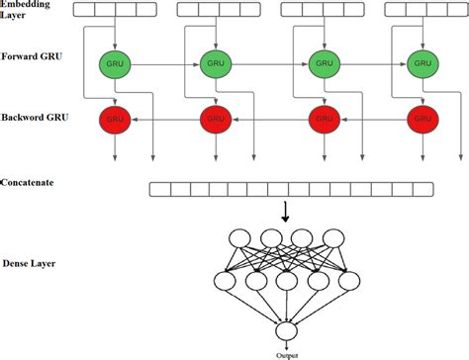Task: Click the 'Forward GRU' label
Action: [x=32, y=58]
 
